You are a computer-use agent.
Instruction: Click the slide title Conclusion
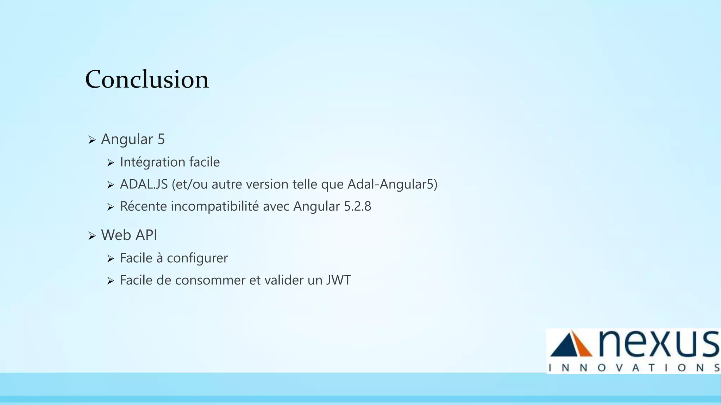tap(147, 79)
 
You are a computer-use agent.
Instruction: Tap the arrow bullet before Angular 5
tap(92, 140)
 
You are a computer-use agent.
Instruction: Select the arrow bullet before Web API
tap(92, 236)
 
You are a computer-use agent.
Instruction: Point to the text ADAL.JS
tap(144, 184)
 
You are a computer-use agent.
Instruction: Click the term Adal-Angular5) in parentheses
tap(392, 184)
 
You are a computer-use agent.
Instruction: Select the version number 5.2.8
tap(357, 206)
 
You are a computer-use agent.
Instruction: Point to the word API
tap(145, 235)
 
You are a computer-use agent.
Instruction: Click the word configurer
tap(197, 258)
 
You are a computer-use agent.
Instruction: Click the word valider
tap(284, 280)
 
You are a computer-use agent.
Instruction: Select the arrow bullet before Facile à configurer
tap(111, 259)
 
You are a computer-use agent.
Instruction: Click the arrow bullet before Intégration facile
tap(111, 163)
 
